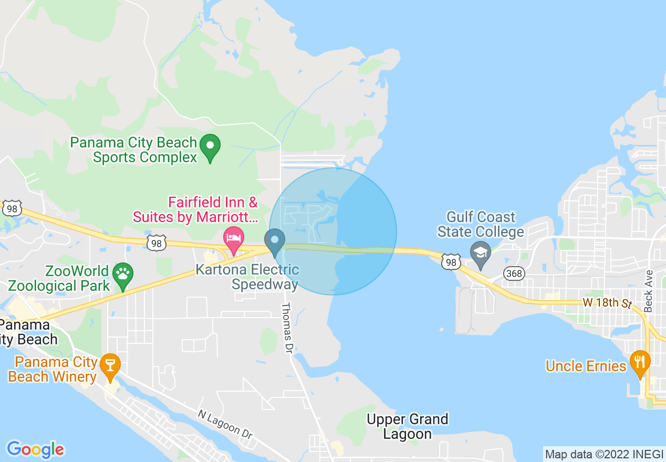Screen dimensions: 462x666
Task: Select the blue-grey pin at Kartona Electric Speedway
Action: (274, 241)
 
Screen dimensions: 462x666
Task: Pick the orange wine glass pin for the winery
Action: (110, 365)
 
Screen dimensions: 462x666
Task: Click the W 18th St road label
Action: (607, 303)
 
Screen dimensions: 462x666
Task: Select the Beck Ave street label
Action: (649, 291)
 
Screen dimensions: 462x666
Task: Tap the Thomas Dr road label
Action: (287, 328)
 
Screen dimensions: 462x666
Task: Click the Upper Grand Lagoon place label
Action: (408, 426)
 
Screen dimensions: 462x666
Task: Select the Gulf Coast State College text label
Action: (481, 224)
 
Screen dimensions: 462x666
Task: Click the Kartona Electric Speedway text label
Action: (247, 277)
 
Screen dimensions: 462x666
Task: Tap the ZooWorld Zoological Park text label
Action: (59, 278)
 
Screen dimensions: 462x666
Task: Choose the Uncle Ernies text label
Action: (586, 366)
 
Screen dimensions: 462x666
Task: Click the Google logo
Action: (35, 449)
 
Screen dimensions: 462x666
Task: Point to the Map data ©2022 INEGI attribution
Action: (603, 454)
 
